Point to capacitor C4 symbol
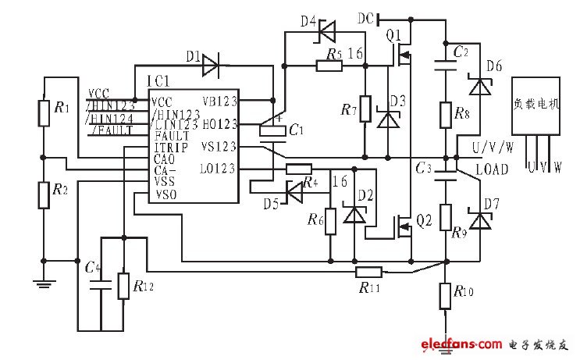101,287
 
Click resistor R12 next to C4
123,287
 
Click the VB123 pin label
220,102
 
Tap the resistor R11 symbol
368,272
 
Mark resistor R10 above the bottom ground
445,295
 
